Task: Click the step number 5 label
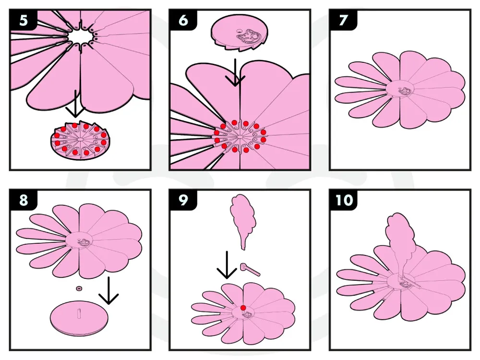point(24,21)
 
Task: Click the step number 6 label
point(183,20)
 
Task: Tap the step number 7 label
point(343,21)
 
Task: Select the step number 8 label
point(24,200)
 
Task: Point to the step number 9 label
point(183,200)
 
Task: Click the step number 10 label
point(344,200)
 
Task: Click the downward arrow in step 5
point(75,104)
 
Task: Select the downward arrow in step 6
point(235,72)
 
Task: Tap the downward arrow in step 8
point(108,291)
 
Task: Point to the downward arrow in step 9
point(227,265)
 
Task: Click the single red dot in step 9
point(243,308)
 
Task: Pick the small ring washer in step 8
point(79,288)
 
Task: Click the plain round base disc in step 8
point(79,318)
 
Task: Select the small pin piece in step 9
point(250,269)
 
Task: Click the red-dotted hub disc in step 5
point(80,140)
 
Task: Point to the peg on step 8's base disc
point(79,314)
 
